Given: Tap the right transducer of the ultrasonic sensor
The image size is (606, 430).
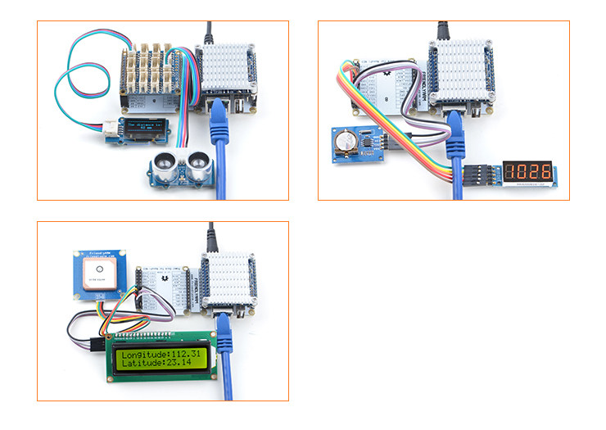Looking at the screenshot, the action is point(200,162).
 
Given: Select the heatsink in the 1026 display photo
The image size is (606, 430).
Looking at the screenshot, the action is point(461,68).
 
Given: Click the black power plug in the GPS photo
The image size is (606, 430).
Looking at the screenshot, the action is point(211,238).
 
